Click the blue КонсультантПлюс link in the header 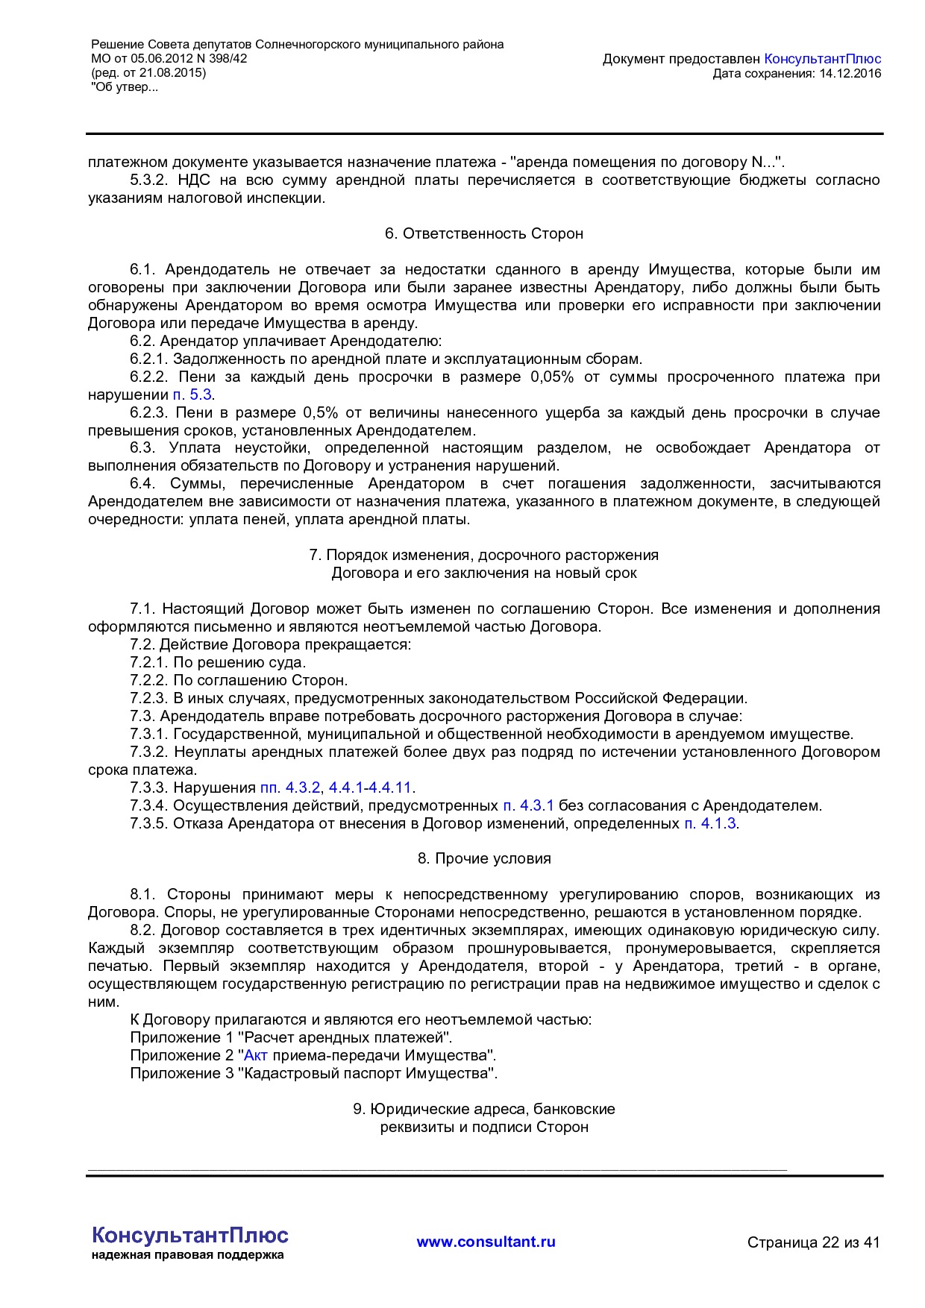coord(823,59)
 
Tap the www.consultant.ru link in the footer coord(486,1242)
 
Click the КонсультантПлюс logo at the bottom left coord(189,1235)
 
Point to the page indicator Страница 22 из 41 coord(813,1242)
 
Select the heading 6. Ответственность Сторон coord(483,233)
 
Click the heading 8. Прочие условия coord(483,858)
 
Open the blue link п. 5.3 coord(192,394)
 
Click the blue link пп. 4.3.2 coord(290,787)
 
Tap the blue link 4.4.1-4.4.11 coord(370,787)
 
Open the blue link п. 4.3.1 coord(528,805)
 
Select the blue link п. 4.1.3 coord(710,823)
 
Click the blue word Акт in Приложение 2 coord(256,1055)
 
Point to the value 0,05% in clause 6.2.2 coord(552,377)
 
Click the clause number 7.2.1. coord(149,662)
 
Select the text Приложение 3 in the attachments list coord(181,1073)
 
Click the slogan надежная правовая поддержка coord(187,1255)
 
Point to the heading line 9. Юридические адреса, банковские coord(483,1109)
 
